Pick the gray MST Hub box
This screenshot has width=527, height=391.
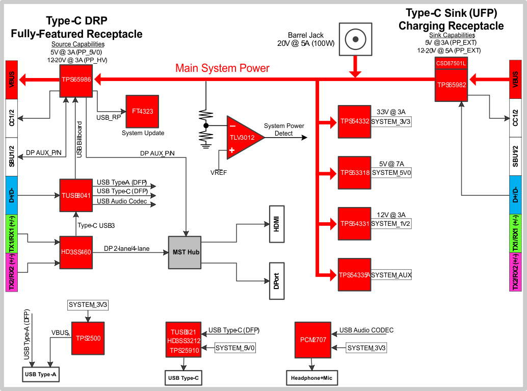pos(185,252)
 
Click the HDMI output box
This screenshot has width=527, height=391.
pos(277,224)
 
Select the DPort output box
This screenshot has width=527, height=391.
pos(277,281)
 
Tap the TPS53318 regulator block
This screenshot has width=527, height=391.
pos(354,172)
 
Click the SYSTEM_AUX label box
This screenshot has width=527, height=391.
pos(391,275)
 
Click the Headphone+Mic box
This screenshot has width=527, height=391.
pos(311,378)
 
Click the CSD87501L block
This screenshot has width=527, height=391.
pos(451,63)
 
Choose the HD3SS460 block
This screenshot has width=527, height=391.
pos(75,252)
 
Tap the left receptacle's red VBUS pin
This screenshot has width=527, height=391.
pos(12,80)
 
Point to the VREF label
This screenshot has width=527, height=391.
pos(219,173)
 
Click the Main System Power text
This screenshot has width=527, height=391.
pos(222,68)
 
